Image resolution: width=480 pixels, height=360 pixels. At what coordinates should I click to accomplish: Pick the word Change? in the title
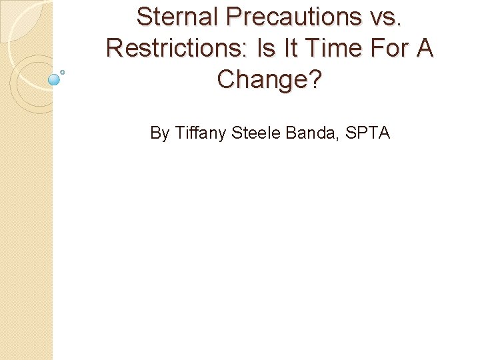click(x=269, y=79)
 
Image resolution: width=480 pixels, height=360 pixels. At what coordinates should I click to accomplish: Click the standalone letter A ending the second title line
click(x=424, y=48)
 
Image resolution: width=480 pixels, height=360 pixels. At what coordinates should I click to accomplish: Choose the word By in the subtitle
click(x=159, y=133)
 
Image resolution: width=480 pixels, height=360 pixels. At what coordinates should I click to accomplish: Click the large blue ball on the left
click(x=55, y=80)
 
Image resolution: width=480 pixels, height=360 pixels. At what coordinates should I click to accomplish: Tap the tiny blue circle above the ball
click(x=63, y=71)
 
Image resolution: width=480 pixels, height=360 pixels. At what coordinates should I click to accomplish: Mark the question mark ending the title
click(x=315, y=79)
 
